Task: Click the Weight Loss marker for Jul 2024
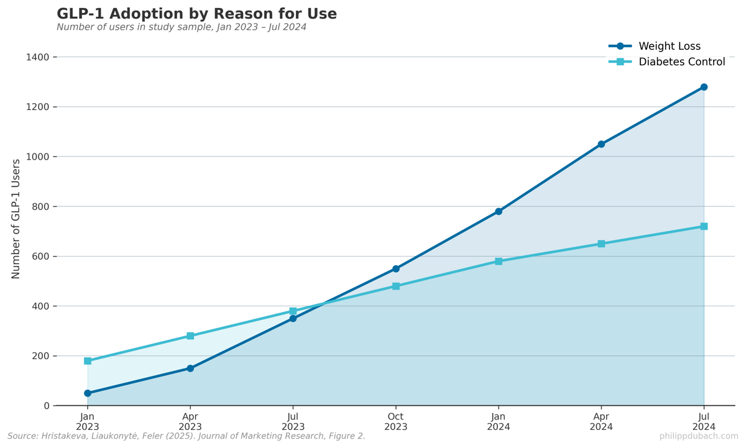coord(704,87)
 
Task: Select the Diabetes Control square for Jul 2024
coord(704,226)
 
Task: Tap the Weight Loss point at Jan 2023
coord(88,393)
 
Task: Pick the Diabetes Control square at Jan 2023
coord(88,361)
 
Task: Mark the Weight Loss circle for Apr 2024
coord(601,144)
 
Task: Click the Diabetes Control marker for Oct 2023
coord(396,286)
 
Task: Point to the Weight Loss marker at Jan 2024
coord(499,211)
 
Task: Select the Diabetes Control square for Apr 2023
coord(190,336)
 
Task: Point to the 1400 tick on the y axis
coord(38,57)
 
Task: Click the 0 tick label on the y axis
coord(47,406)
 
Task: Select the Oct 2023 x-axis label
coord(396,422)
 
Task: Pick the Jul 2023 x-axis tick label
coord(293,422)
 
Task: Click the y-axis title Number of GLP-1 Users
coord(16,219)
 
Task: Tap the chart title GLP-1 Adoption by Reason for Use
coord(196,14)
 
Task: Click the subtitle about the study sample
coord(182,27)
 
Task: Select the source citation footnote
coord(186,436)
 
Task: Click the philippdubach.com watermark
coord(699,436)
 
